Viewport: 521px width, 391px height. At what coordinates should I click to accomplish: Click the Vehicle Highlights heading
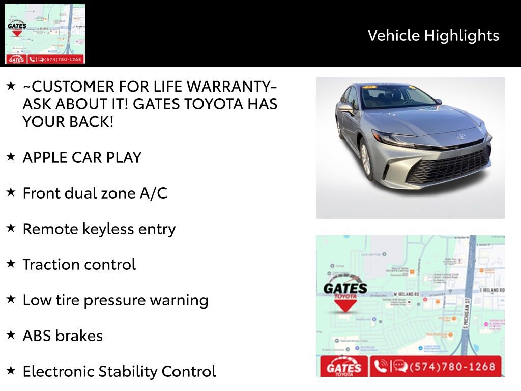[433, 35]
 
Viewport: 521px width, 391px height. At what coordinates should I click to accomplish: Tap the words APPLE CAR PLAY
[82, 157]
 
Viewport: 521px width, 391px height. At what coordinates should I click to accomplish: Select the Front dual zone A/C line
[95, 193]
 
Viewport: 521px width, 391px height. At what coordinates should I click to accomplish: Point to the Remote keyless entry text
[99, 229]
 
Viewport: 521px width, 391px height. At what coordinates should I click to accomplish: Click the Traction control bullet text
[79, 264]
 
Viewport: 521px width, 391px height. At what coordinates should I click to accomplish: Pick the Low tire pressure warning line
[115, 300]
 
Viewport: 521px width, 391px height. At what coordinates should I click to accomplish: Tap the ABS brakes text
[63, 336]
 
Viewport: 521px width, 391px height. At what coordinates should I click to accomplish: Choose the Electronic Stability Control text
[119, 371]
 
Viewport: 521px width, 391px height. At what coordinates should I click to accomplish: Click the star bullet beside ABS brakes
[11, 334]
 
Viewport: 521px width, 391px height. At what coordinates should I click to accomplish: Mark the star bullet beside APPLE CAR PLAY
[11, 156]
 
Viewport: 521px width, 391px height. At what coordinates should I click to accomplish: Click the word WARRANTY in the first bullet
[230, 86]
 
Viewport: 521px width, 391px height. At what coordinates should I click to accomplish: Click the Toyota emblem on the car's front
[461, 136]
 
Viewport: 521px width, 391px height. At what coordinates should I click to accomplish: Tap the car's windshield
[392, 97]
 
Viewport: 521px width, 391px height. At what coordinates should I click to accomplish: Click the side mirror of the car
[346, 108]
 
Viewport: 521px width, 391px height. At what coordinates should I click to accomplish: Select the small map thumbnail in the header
[45, 34]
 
